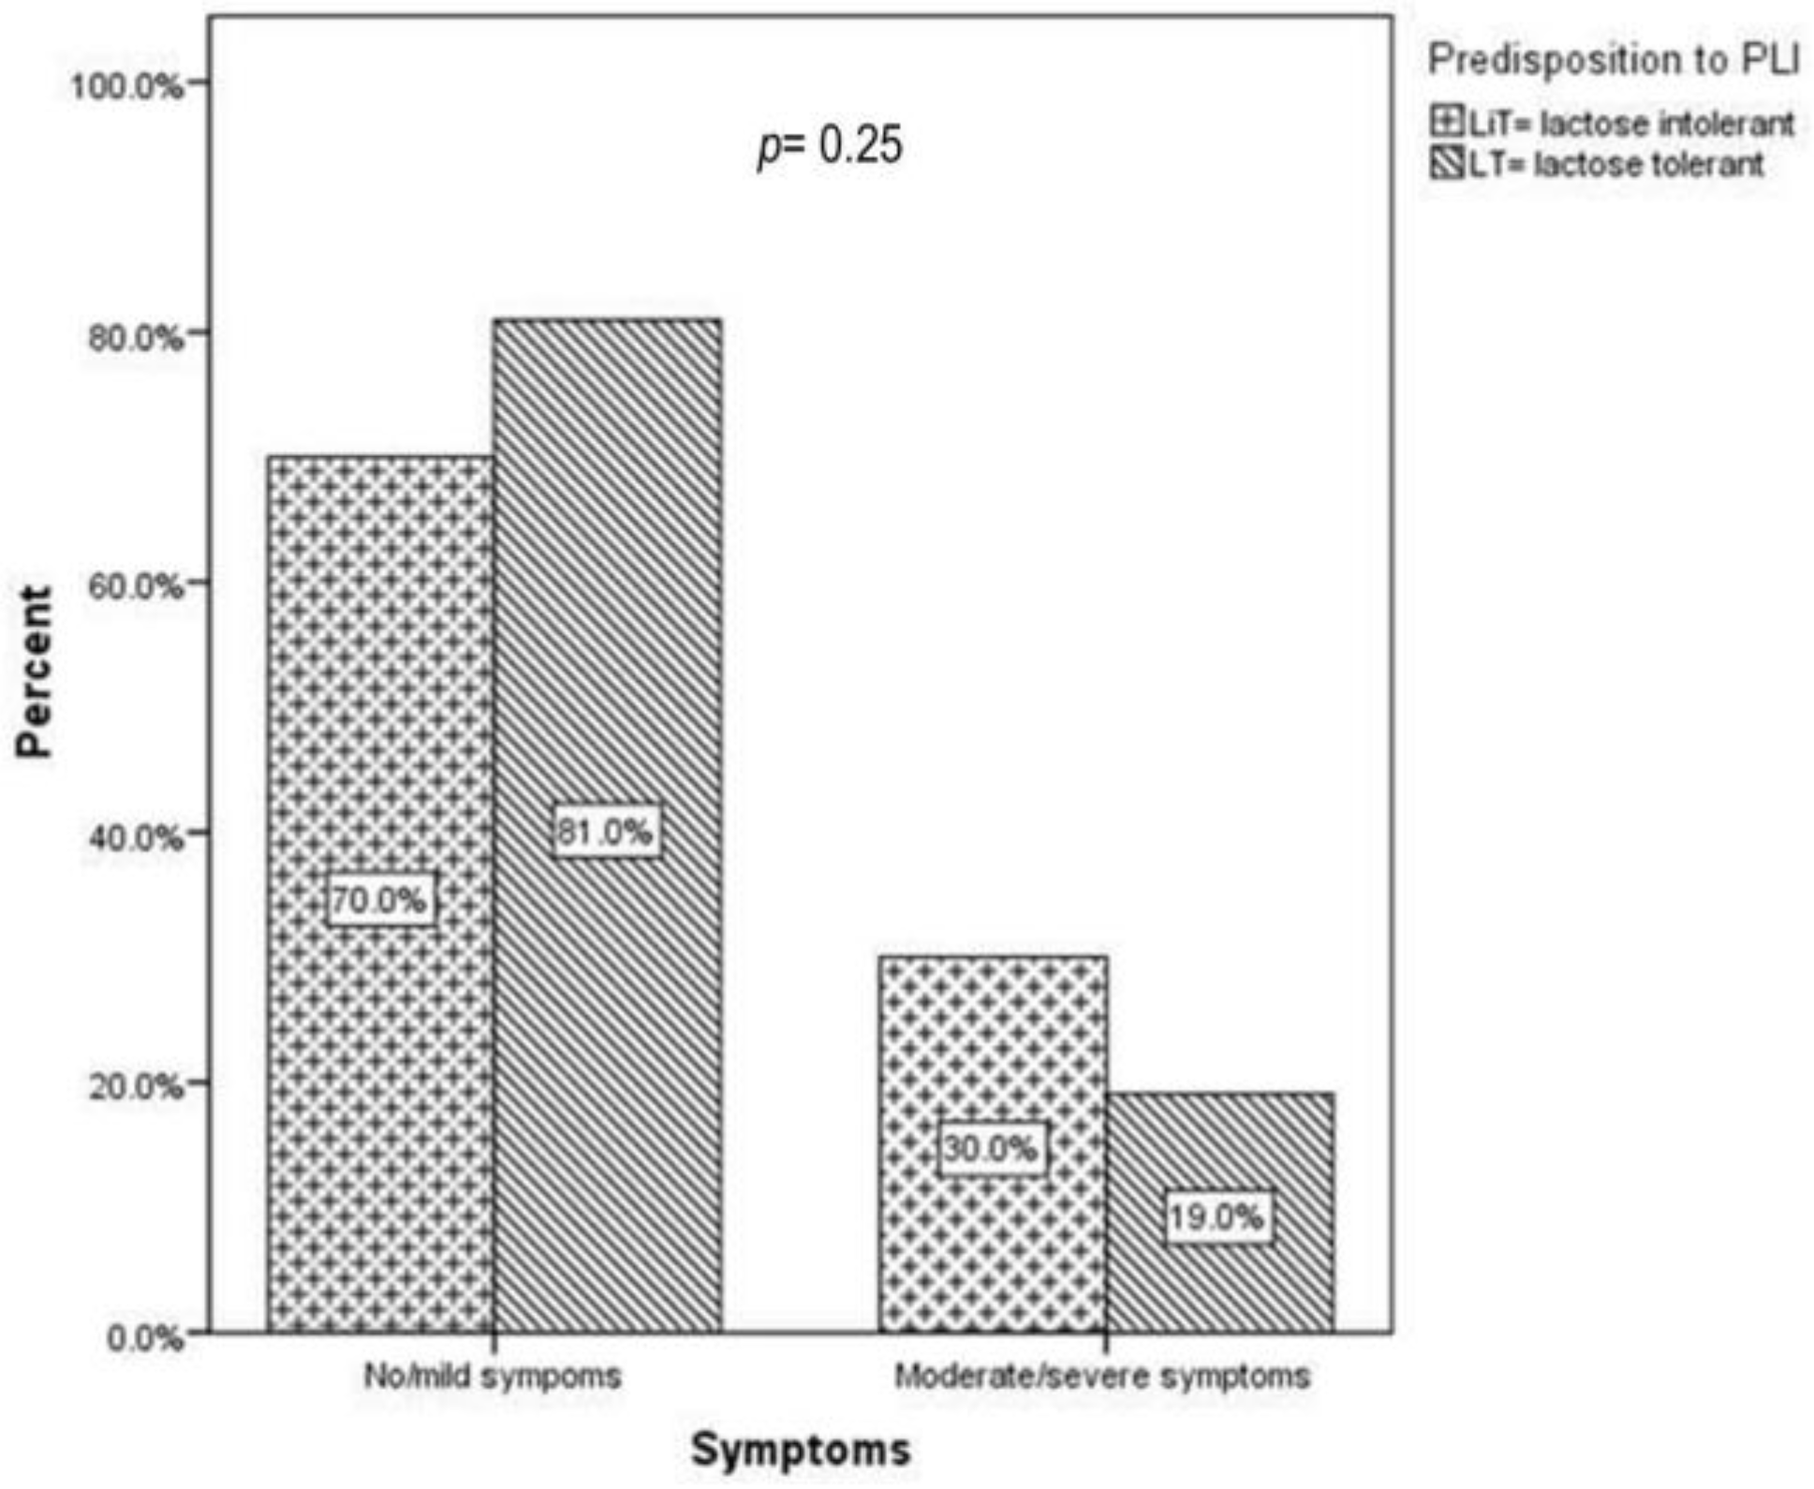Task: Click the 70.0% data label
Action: [x=380, y=900]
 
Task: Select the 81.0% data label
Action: [x=605, y=831]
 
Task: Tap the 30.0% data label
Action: [x=991, y=1148]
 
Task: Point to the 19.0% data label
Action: [x=1217, y=1217]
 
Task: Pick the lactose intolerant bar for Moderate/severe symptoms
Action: [x=993, y=1049]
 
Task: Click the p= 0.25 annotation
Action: [x=830, y=146]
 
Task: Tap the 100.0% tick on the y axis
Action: [x=125, y=86]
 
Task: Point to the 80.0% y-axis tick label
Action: [x=134, y=337]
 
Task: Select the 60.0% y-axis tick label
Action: [x=134, y=587]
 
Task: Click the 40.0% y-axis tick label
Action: [x=134, y=837]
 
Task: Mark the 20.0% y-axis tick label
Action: [x=134, y=1086]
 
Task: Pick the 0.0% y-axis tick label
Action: [x=143, y=1337]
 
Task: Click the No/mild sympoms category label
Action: [x=493, y=1376]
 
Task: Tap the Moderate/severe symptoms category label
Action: [x=1101, y=1376]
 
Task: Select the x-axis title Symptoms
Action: [x=801, y=1450]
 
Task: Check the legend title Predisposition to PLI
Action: [x=1612, y=60]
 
